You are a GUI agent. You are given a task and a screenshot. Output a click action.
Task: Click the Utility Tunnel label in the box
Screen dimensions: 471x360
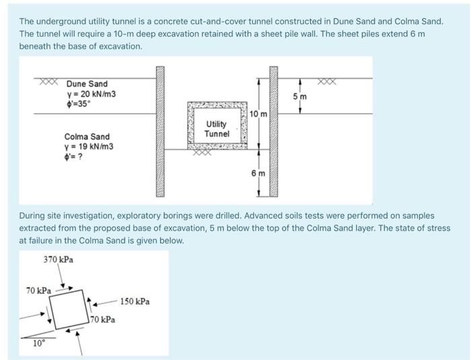click(x=217, y=129)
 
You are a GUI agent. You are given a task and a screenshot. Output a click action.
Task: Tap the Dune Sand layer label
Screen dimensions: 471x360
click(x=87, y=84)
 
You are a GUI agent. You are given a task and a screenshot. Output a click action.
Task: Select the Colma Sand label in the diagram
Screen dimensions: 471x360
click(x=87, y=137)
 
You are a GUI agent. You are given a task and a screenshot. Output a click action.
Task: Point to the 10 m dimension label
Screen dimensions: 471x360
click(x=258, y=114)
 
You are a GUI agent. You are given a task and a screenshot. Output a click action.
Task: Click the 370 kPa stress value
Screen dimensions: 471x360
click(x=59, y=259)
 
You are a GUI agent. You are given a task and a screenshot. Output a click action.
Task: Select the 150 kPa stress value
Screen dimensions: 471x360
click(x=134, y=301)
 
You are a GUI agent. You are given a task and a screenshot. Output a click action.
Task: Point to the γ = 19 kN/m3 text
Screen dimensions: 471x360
click(x=89, y=147)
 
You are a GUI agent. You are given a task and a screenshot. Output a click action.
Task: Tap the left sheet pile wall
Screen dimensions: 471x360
click(x=160, y=131)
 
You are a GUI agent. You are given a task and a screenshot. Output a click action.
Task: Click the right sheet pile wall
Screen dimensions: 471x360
click(x=274, y=131)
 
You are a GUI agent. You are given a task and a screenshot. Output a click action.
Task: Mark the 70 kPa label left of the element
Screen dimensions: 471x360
click(x=38, y=291)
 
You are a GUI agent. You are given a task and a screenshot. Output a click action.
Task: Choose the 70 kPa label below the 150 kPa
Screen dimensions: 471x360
click(x=102, y=320)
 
